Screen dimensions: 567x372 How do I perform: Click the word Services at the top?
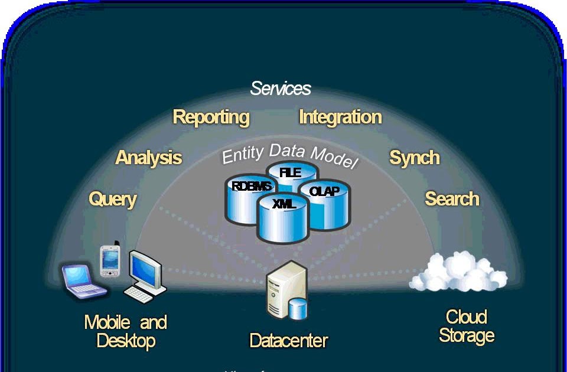pos(281,89)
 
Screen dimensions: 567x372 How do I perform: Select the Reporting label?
pos(211,117)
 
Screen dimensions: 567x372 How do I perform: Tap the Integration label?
pos(340,117)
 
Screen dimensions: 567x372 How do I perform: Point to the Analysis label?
pos(148,158)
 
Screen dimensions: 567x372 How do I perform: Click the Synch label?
pos(414,158)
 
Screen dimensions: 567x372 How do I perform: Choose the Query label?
pos(112,199)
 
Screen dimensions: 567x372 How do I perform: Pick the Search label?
pos(452,199)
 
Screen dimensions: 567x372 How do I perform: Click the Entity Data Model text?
pos(289,155)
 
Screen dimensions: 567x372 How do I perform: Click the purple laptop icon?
pos(83,280)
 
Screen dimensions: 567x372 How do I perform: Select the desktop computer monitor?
pos(145,269)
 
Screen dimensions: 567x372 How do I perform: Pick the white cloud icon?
pos(457,273)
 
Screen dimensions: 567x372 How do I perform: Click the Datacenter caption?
pos(289,341)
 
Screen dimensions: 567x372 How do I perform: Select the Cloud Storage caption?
pos(466,327)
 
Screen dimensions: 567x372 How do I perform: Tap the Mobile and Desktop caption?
pos(126,331)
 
